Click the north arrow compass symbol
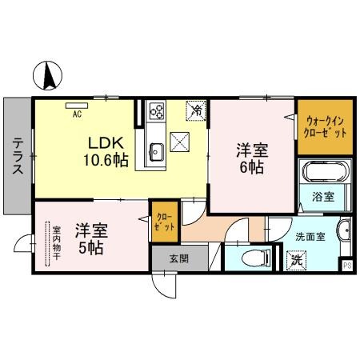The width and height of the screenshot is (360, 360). pos(46,77)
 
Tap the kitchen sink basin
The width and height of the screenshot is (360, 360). pos(155,150)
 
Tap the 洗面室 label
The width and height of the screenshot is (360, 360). pos(309,236)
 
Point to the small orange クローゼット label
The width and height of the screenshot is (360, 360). pos(162,222)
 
